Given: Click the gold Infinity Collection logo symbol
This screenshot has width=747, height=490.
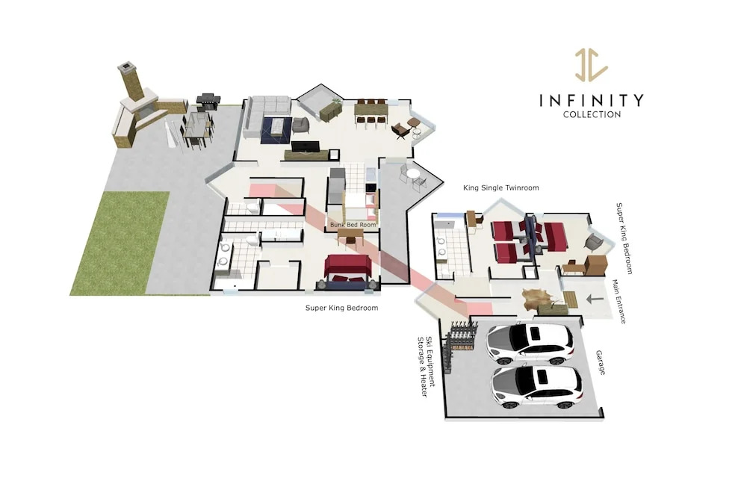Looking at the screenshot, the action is (x=591, y=64).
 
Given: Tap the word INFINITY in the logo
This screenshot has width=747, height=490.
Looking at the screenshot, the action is (x=591, y=100).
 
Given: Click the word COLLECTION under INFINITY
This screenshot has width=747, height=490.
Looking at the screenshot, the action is (x=592, y=114).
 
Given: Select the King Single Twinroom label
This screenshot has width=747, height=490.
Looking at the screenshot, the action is (x=501, y=188).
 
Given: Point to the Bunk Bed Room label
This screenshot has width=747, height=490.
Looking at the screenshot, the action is (x=353, y=225).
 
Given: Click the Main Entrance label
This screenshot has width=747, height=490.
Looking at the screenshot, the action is (x=619, y=302).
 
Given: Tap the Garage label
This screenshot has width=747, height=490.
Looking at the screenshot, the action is (x=601, y=363).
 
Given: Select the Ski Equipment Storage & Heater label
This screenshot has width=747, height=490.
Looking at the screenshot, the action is (x=426, y=367).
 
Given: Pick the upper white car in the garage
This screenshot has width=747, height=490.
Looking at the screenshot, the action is (x=529, y=343).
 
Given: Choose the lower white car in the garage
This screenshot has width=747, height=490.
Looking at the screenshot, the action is (x=536, y=387).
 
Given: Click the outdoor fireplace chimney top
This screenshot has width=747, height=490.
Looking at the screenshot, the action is (x=126, y=67).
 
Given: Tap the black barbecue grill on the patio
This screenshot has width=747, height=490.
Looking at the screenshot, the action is (x=208, y=101).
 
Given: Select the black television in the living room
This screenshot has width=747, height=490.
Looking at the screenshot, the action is (x=306, y=146).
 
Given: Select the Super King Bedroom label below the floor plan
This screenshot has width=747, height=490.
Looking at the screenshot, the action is (x=341, y=308).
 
